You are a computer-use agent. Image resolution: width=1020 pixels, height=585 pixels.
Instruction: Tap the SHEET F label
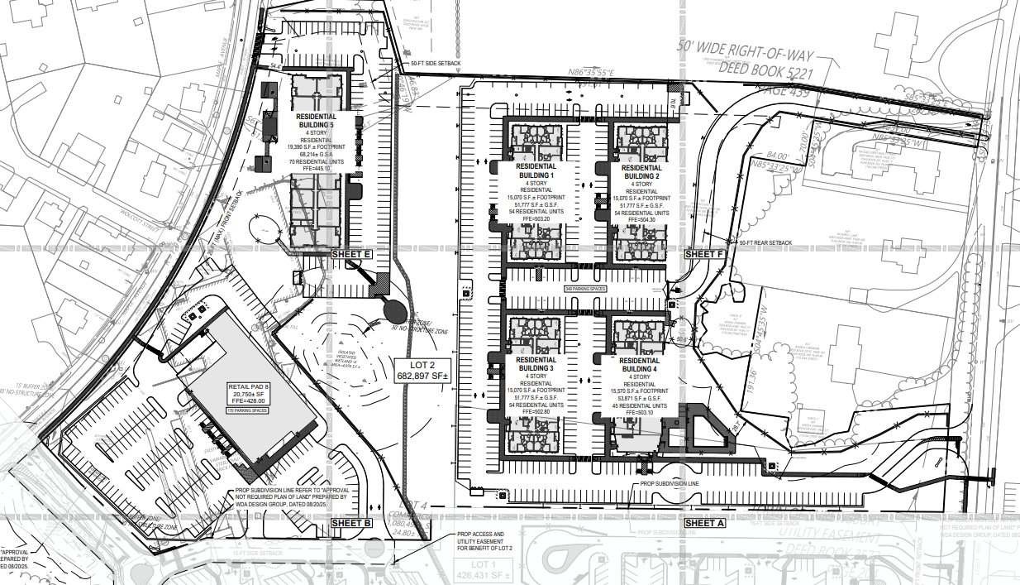(x=704, y=254)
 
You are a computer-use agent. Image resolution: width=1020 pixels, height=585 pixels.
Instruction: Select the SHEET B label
(x=352, y=523)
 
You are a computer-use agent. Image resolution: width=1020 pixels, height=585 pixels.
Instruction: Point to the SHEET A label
(x=705, y=523)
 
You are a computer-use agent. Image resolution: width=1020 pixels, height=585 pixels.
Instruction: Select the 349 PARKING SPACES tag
(x=585, y=289)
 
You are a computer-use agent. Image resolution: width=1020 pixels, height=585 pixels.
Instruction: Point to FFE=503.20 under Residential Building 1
(x=536, y=219)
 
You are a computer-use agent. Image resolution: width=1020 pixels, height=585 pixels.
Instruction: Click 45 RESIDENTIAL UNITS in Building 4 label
(x=639, y=405)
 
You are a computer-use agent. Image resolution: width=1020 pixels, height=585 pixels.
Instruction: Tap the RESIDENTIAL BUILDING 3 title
(x=536, y=365)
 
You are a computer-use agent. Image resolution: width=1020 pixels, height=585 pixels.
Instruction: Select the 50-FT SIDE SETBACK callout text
(x=436, y=63)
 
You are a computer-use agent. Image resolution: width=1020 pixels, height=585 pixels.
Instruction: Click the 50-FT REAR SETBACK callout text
(x=765, y=243)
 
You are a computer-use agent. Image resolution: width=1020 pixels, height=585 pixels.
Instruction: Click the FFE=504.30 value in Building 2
(x=639, y=219)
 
